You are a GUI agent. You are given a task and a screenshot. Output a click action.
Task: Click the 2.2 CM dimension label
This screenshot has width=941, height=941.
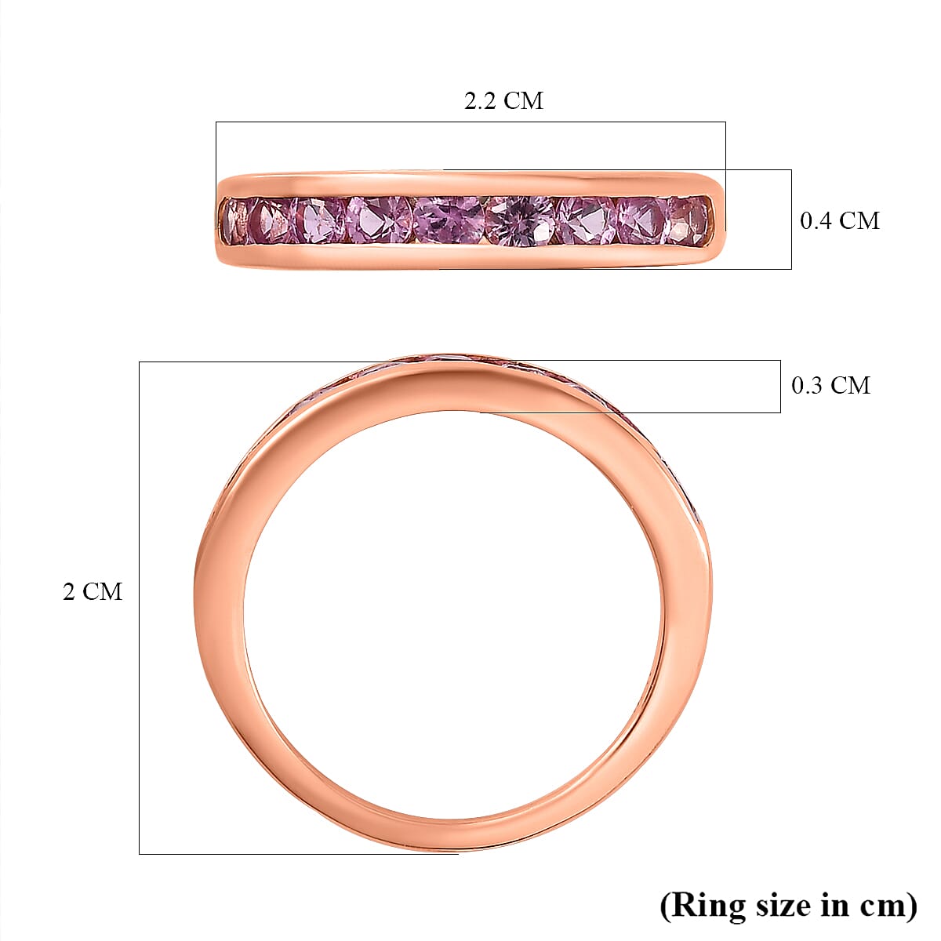503,101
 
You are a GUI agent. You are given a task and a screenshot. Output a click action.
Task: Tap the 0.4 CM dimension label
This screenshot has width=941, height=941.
839,221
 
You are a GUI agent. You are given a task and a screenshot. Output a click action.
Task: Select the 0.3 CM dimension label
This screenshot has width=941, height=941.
830,385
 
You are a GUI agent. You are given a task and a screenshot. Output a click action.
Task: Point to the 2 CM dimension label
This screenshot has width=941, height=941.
93,591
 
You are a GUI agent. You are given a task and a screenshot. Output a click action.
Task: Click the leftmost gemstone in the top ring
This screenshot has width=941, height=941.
234,220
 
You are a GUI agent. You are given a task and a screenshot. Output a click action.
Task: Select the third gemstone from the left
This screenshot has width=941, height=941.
320,220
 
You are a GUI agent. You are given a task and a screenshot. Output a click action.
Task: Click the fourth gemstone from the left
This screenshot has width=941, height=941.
380,220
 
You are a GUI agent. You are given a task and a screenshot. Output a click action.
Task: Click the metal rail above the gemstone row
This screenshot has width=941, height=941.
470,183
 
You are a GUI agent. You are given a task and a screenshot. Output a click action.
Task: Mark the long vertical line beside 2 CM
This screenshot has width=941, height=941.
140,608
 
